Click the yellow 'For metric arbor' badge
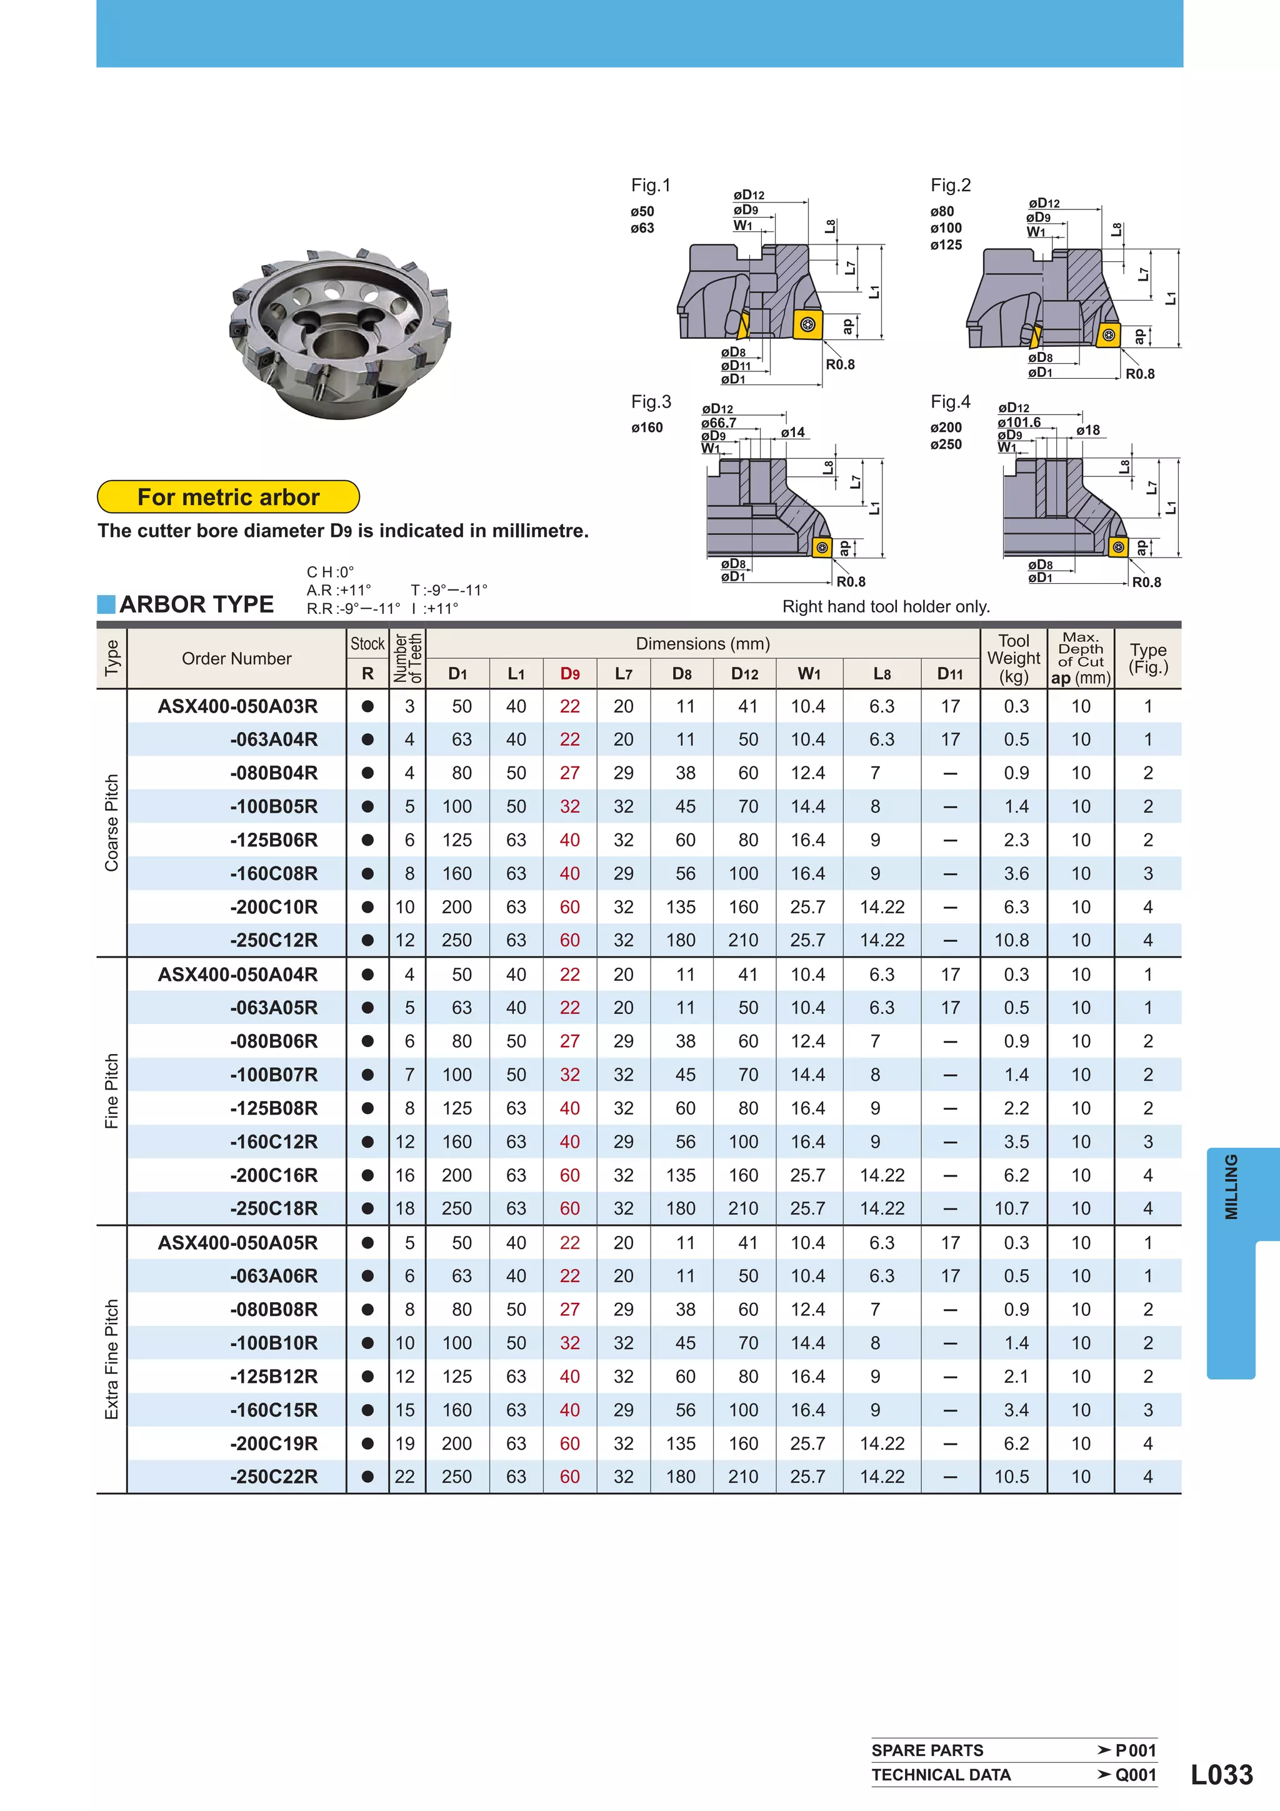[228, 497]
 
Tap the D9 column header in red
[569, 674]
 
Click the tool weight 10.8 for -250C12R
[1012, 940]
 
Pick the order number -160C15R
[274, 1410]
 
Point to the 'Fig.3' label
[651, 402]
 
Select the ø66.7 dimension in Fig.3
[719, 423]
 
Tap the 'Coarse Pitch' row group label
[111, 823]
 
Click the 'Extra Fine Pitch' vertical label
[111, 1359]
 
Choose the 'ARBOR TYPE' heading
[196, 605]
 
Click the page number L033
[1221, 1774]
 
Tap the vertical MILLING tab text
[1231, 1186]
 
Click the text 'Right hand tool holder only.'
[886, 606]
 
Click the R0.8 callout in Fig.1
[840, 364]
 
